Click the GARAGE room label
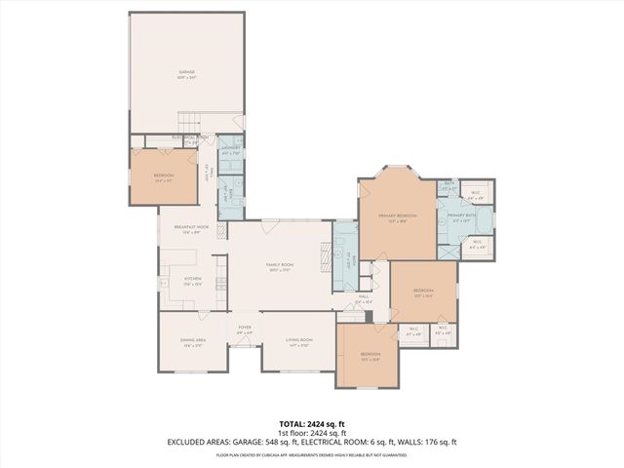(x=186, y=74)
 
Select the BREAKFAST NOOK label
(x=191, y=229)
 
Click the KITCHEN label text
(x=192, y=281)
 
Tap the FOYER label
(x=245, y=330)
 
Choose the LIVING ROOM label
(x=298, y=342)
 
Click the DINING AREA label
(x=191, y=342)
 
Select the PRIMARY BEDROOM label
(x=398, y=217)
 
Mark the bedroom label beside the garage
(x=164, y=178)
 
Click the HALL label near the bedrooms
(x=363, y=299)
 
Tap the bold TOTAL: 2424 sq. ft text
(x=311, y=424)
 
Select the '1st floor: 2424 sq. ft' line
(x=311, y=433)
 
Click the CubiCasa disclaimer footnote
(x=311, y=453)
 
